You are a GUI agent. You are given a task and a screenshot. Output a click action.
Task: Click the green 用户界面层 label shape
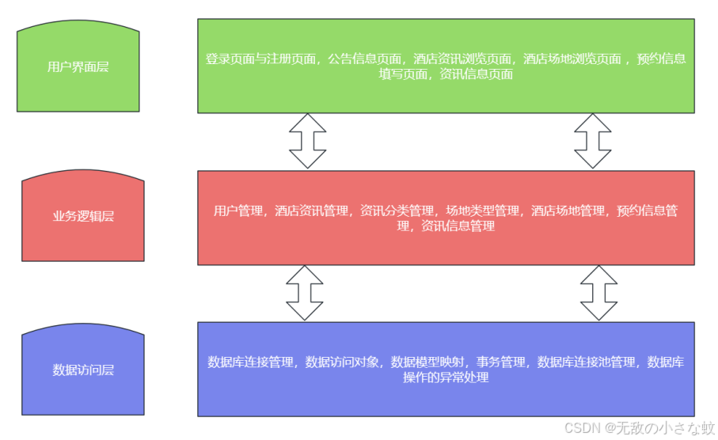click(78, 67)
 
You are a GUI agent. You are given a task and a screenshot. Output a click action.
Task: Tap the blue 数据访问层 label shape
click(83, 370)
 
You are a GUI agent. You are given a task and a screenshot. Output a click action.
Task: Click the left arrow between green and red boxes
click(308, 141)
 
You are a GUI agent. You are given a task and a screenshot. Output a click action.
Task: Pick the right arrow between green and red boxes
click(593, 141)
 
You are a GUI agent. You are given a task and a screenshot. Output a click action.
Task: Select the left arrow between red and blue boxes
click(305, 293)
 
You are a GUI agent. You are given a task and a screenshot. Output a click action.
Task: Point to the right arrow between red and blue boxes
click(599, 293)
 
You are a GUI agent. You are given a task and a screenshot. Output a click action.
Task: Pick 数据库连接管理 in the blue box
click(250, 362)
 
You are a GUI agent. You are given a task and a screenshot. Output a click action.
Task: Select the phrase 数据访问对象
click(344, 362)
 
